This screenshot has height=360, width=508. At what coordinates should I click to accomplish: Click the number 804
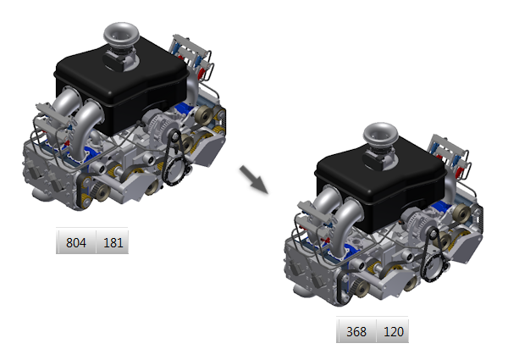tap(76, 242)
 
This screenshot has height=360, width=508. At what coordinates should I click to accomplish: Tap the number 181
tap(113, 242)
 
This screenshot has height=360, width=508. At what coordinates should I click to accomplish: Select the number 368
tap(356, 331)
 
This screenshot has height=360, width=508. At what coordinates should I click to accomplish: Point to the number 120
tap(394, 331)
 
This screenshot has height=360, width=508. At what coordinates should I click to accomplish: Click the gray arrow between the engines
tap(254, 180)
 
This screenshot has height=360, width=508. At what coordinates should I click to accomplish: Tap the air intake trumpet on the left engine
tap(121, 34)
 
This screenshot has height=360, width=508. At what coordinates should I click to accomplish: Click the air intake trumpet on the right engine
tap(380, 134)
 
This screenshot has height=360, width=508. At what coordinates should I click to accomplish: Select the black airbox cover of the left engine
tap(121, 87)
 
